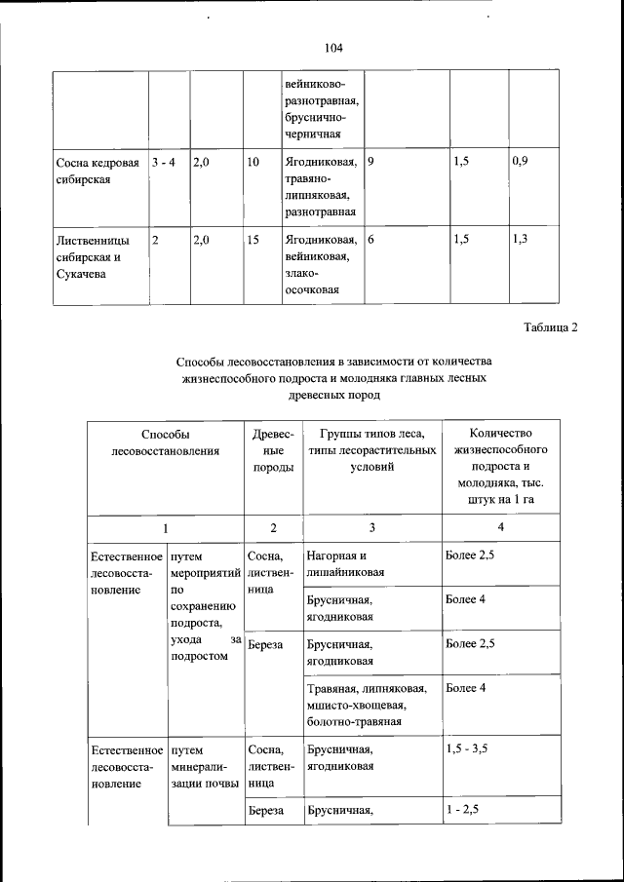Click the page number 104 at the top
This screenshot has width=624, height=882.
click(x=332, y=47)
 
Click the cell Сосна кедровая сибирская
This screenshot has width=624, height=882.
click(x=97, y=171)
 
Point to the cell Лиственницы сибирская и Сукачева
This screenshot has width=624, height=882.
click(x=97, y=257)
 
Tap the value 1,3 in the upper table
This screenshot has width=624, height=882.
click(x=519, y=240)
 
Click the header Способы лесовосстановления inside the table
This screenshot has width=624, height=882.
click(x=164, y=441)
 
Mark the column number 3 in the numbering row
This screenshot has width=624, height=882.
click(x=371, y=527)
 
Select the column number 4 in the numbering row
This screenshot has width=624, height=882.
click(x=501, y=527)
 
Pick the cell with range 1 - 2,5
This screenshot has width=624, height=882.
click(x=463, y=810)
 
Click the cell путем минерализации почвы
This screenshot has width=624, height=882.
click(x=203, y=767)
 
